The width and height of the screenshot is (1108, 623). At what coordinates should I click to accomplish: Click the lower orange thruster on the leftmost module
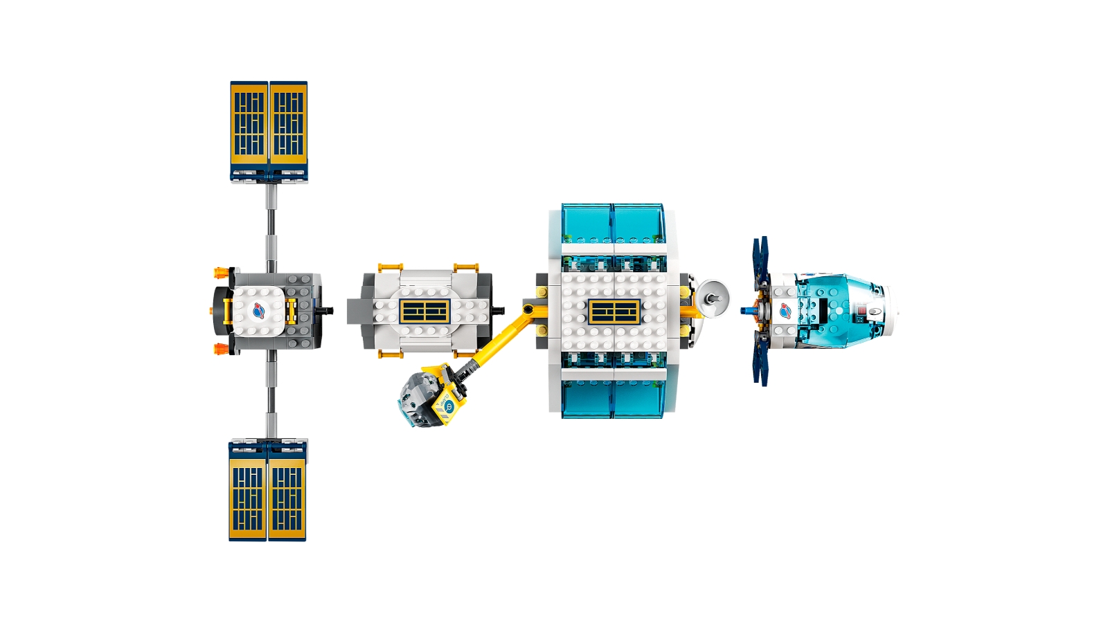click(x=221, y=348)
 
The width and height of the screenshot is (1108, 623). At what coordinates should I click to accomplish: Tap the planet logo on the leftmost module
click(x=259, y=311)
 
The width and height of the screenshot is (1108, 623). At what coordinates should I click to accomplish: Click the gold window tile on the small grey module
click(x=425, y=311)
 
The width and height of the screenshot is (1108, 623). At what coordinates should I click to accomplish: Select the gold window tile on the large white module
click(x=614, y=311)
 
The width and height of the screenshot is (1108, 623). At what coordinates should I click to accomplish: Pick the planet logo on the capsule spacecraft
click(x=785, y=311)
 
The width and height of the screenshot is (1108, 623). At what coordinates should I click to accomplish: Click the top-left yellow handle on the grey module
click(x=391, y=267)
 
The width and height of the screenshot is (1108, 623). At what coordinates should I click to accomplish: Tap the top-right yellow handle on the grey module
click(x=465, y=267)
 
